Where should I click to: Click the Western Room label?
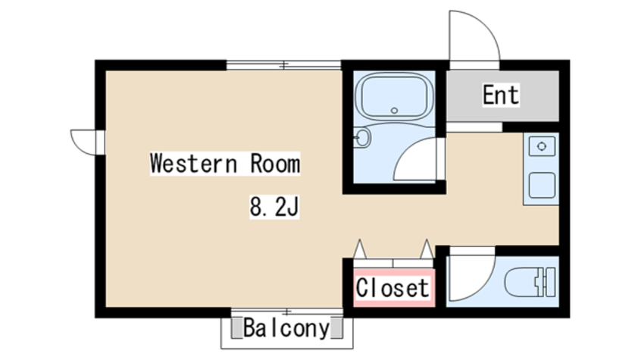click(x=225, y=163)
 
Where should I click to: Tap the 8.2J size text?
click(x=274, y=207)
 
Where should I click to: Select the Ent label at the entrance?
click(x=501, y=95)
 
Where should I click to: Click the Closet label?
click(x=392, y=287)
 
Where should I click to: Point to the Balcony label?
click(x=286, y=328)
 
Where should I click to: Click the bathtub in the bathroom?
click(x=394, y=96)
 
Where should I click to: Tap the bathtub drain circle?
click(x=394, y=111)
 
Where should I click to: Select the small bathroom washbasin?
click(x=362, y=137)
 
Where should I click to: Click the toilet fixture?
click(x=530, y=282)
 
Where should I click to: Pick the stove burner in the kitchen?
click(x=542, y=146)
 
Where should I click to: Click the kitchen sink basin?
click(x=542, y=186)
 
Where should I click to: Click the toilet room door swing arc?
click(x=483, y=286)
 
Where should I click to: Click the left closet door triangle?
click(x=360, y=249)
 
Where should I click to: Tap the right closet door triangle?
click(x=427, y=249)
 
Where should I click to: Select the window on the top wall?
click(x=283, y=64)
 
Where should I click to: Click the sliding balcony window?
click(x=287, y=312)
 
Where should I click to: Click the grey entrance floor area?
click(x=502, y=96)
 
